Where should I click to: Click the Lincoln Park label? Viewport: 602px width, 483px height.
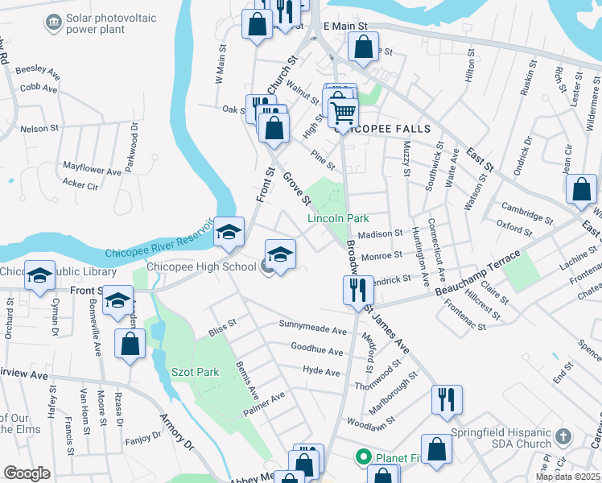pos(338,218)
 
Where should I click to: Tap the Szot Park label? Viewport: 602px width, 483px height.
pos(195,372)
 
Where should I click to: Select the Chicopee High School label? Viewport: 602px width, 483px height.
pos(201,266)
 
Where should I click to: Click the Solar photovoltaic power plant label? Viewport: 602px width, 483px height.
pos(89,23)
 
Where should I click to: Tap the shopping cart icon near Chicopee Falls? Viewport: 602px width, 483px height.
pos(343,112)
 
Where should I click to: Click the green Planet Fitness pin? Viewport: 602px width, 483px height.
pos(363,458)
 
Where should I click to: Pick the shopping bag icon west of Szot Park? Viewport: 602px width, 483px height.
pos(130,344)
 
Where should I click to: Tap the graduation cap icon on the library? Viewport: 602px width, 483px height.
pos(39,276)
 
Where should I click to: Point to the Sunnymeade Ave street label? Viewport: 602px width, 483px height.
pos(312,328)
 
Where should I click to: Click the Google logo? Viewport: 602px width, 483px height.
pos(26,473)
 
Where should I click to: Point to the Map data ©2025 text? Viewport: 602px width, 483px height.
pos(568,477)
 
